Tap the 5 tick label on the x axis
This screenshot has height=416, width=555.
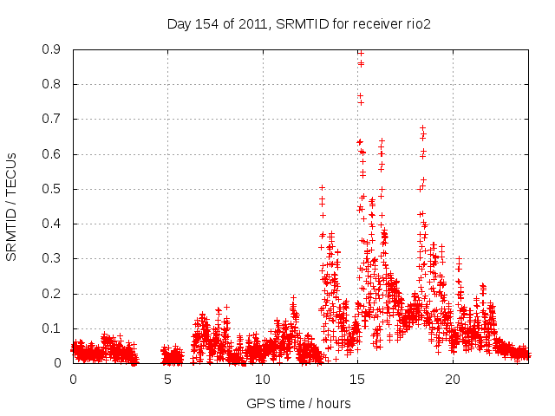tap(167, 380)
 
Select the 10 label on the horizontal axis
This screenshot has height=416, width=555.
tap(262, 380)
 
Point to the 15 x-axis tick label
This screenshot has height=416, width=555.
tap(357, 380)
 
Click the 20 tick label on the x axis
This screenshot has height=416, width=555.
tap(452, 380)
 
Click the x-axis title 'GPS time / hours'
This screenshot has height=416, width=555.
tap(298, 403)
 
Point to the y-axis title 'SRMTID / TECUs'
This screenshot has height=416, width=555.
tap(11, 206)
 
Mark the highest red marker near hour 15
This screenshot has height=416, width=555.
tap(360, 53)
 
